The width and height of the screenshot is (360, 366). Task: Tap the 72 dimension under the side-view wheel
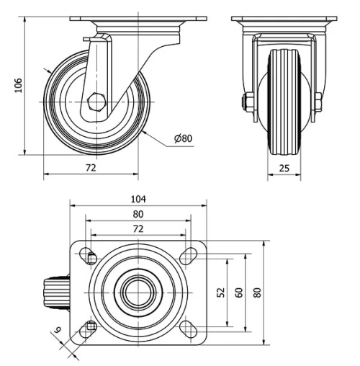91,167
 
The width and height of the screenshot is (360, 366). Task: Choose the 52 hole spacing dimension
220,292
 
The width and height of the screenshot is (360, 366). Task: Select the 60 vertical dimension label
238,292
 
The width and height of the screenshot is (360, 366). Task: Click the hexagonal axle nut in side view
96,101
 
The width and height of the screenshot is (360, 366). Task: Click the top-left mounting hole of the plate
89,255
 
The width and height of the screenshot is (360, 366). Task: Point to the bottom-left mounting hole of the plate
89,327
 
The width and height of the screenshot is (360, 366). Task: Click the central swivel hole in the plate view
137,291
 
